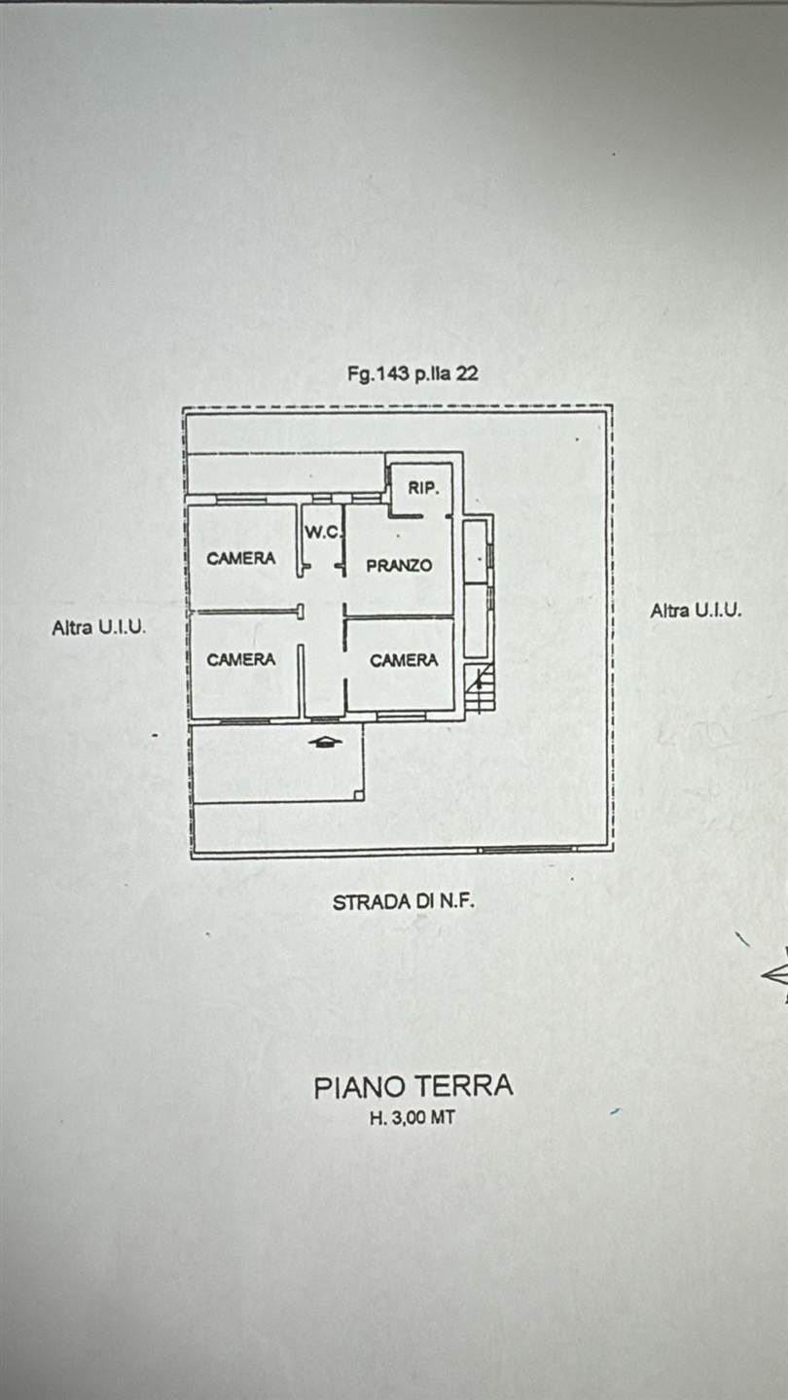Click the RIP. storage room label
click(x=423, y=488)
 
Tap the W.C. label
click(x=321, y=532)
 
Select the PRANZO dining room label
click(x=399, y=565)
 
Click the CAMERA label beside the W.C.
click(x=240, y=558)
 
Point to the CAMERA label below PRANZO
click(x=404, y=660)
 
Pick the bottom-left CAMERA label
click(x=240, y=659)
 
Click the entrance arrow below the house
click(x=325, y=742)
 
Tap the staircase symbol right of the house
click(x=479, y=689)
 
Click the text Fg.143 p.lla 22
click(x=412, y=373)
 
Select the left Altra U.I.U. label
click(x=99, y=628)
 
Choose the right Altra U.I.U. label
click(x=696, y=611)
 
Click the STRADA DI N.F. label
click(x=403, y=902)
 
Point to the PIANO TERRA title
click(x=412, y=1087)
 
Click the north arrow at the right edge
click(x=775, y=975)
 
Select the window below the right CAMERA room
click(x=400, y=717)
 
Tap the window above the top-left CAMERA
click(x=240, y=499)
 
